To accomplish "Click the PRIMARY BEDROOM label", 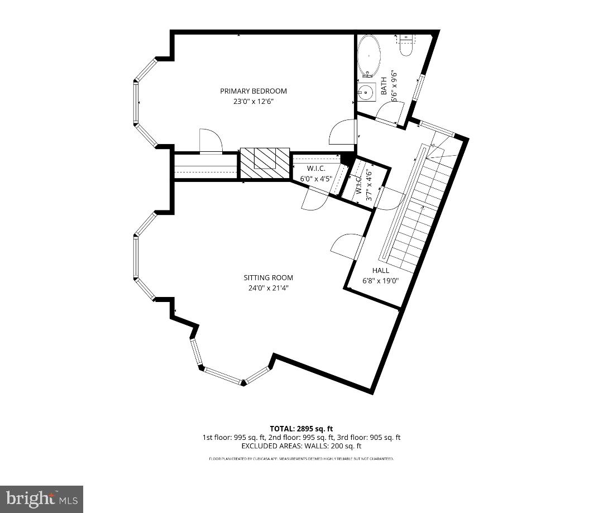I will pos(253,91).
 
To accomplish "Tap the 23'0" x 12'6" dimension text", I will pos(253,102).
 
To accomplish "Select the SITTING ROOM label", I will pos(268,277).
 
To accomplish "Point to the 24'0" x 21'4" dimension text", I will pos(268,288).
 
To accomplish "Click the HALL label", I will pos(381,270).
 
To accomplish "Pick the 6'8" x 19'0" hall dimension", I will pos(381,281).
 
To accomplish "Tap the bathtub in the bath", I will pos(369,56).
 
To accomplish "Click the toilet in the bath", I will pos(406,47).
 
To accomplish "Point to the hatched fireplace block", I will pos(265,164).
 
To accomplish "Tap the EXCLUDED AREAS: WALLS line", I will pos(301,446).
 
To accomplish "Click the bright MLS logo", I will pos(41,498).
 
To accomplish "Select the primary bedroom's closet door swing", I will pos(210,141).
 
